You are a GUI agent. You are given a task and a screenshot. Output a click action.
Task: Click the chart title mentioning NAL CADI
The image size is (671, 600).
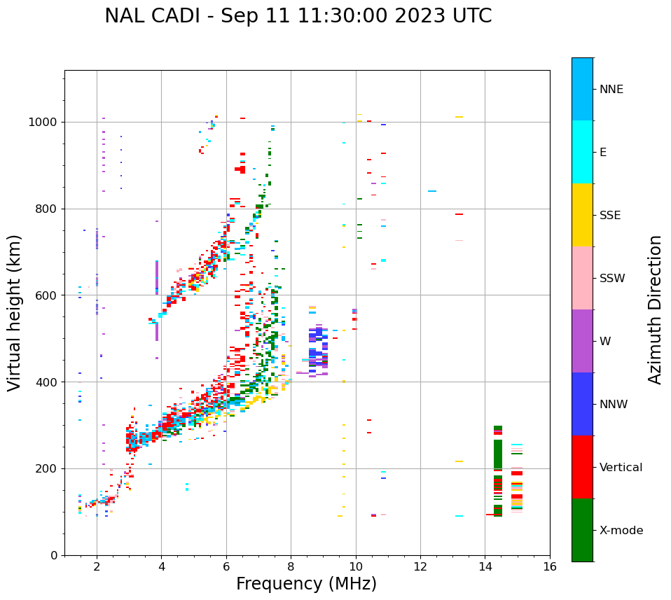(x=298, y=16)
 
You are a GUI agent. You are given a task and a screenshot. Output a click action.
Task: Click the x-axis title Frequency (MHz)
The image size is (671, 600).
(x=306, y=584)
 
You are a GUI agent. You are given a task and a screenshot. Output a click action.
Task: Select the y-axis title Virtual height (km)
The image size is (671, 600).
(x=15, y=313)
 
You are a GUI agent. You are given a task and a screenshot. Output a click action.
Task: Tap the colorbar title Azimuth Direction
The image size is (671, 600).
(x=655, y=309)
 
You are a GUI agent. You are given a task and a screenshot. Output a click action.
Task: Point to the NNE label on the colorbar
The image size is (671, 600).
(x=611, y=90)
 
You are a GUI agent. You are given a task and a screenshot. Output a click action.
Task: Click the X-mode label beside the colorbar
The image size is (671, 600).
(x=621, y=531)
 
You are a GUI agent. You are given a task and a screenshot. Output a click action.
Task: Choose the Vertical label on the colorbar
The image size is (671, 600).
(x=621, y=468)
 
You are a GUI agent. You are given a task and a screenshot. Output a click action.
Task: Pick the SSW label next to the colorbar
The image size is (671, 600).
(x=612, y=279)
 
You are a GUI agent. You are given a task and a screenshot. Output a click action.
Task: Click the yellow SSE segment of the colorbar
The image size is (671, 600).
(x=582, y=214)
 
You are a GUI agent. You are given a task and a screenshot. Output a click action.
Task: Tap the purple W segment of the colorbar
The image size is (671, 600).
(x=582, y=341)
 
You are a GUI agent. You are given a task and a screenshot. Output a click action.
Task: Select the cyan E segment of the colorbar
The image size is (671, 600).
(x=582, y=152)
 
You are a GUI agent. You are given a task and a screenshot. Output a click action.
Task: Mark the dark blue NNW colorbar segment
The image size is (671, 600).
(x=582, y=404)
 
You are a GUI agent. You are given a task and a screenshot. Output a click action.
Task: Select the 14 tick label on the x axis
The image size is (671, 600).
(x=485, y=566)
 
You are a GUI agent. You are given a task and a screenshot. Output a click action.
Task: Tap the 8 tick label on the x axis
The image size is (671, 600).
(x=291, y=566)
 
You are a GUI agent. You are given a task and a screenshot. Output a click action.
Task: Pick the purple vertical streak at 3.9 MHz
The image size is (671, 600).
(x=157, y=280)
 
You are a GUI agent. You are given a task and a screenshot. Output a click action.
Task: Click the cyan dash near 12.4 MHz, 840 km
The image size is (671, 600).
(x=432, y=191)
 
